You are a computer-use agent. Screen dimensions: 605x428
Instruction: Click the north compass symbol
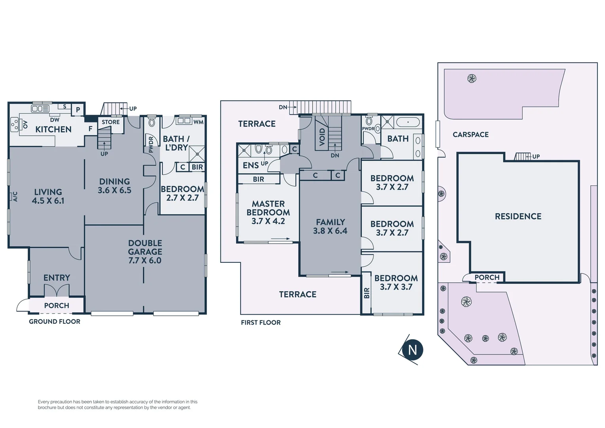[x=412, y=350]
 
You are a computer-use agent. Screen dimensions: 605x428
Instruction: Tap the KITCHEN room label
[x=53, y=129]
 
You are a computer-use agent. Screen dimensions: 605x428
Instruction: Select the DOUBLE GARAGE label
[x=145, y=252]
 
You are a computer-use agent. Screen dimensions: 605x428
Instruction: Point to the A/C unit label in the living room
[x=15, y=197]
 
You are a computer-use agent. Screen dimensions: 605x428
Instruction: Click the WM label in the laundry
[x=198, y=122]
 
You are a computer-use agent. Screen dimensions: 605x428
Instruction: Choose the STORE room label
[x=110, y=122]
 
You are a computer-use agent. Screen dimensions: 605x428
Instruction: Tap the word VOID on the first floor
[x=322, y=137]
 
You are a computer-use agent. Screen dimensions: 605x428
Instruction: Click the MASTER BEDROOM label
[x=268, y=212]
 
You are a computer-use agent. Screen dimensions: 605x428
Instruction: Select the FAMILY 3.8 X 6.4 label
[x=330, y=226]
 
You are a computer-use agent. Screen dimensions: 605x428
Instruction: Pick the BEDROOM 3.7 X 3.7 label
[x=396, y=283]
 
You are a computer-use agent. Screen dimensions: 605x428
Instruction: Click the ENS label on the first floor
[x=251, y=165]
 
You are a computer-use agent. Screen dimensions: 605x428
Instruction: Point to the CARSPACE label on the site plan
[x=470, y=135]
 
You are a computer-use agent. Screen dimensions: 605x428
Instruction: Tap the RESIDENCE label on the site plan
[x=518, y=216]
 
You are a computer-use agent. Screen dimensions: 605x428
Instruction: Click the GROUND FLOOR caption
[x=55, y=321]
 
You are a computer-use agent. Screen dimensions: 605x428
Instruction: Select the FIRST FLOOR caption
[x=261, y=323]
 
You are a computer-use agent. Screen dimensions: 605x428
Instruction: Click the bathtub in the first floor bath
[x=408, y=122]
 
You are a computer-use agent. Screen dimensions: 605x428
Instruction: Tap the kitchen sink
[x=40, y=109]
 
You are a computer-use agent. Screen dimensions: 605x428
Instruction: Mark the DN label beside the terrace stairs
[x=283, y=107]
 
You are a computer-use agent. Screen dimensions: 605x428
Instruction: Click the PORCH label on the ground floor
[x=57, y=306]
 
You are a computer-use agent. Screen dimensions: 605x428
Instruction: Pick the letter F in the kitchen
[x=90, y=129]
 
